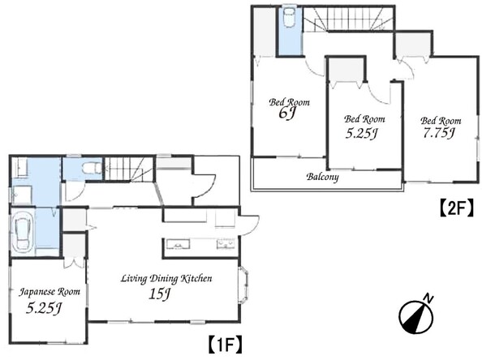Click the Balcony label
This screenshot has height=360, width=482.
pyautogui.click(x=322, y=178)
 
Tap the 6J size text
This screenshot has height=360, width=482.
pyautogui.click(x=286, y=114)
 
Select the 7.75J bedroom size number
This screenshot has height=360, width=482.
pyautogui.click(x=439, y=133)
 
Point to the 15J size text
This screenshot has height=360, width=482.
pyautogui.click(x=159, y=294)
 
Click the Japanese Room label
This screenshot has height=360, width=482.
pyautogui.click(x=49, y=292)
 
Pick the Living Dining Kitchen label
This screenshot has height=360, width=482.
pyautogui.click(x=166, y=279)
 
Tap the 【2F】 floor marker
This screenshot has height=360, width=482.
pyautogui.click(x=456, y=208)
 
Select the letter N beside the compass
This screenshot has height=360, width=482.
pyautogui.click(x=428, y=298)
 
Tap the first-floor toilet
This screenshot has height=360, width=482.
pyautogui.click(x=92, y=169)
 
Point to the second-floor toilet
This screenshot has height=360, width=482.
pyautogui.click(x=289, y=19)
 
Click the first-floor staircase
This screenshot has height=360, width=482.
pyautogui.click(x=129, y=169)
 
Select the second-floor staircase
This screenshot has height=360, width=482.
pyautogui.click(x=348, y=19)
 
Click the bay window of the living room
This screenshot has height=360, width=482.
pyautogui.click(x=243, y=285)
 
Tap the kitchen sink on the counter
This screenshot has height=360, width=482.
pyautogui.click(x=178, y=244)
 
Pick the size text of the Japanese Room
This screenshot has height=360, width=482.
pyautogui.click(x=43, y=308)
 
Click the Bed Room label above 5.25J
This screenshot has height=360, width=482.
pyautogui.click(x=364, y=119)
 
